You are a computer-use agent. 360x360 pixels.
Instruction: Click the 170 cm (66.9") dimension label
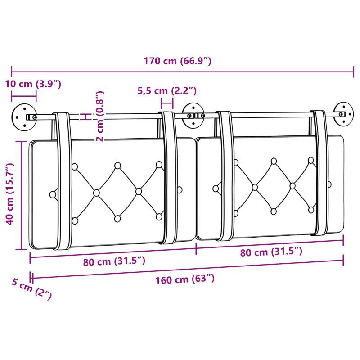coord(177,61)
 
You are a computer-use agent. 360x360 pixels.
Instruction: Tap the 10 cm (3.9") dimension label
coord(33,84)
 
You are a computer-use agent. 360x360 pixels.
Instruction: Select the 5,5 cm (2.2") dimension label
coord(167,91)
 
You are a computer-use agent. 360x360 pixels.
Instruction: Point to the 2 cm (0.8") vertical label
coord(100,116)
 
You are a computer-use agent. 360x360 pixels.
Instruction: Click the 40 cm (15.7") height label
coord(9,194)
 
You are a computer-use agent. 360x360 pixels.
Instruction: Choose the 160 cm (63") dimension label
coord(185,279)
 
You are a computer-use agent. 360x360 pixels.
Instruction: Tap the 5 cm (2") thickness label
coord(32,288)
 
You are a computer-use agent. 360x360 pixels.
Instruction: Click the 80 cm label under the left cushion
coord(114,261)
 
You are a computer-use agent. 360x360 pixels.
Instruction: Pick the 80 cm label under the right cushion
coord(271,252)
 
